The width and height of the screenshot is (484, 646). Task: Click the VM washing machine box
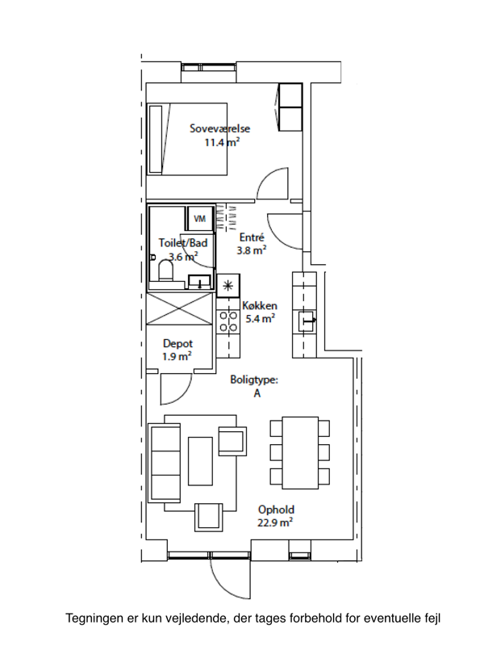click(200, 218)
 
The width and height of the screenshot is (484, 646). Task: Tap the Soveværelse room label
click(219, 128)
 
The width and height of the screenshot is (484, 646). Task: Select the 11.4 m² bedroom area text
click(223, 143)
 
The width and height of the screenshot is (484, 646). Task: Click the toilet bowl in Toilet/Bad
click(166, 271)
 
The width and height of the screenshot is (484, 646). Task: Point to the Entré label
click(252, 237)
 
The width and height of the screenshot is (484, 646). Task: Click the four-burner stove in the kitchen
click(228, 321)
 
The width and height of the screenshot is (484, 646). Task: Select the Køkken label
click(259, 306)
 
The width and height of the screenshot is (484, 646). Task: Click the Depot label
click(177, 343)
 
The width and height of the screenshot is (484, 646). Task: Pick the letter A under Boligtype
click(257, 393)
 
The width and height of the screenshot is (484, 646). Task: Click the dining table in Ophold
click(300, 452)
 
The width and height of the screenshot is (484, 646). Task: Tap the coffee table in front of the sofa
click(200, 461)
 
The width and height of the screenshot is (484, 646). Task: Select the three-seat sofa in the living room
click(165, 462)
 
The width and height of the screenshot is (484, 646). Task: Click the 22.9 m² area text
click(275, 522)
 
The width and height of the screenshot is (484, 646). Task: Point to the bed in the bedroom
click(187, 139)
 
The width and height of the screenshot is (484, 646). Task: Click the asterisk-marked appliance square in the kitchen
click(228, 286)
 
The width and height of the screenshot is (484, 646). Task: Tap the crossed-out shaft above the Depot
click(181, 308)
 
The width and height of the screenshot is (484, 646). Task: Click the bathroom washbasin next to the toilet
click(199, 281)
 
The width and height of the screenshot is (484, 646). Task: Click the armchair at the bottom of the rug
click(209, 517)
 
